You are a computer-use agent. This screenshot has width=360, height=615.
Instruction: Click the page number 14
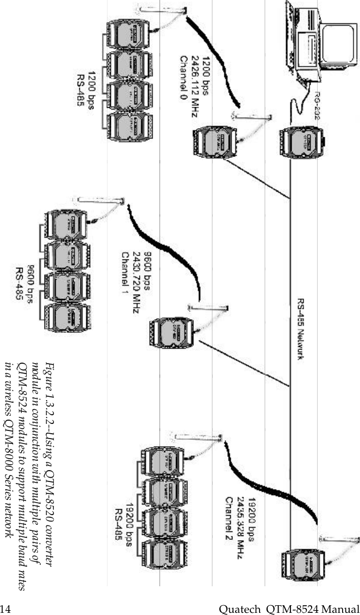point(5,607)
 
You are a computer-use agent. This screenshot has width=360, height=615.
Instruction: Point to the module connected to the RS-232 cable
point(302,141)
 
